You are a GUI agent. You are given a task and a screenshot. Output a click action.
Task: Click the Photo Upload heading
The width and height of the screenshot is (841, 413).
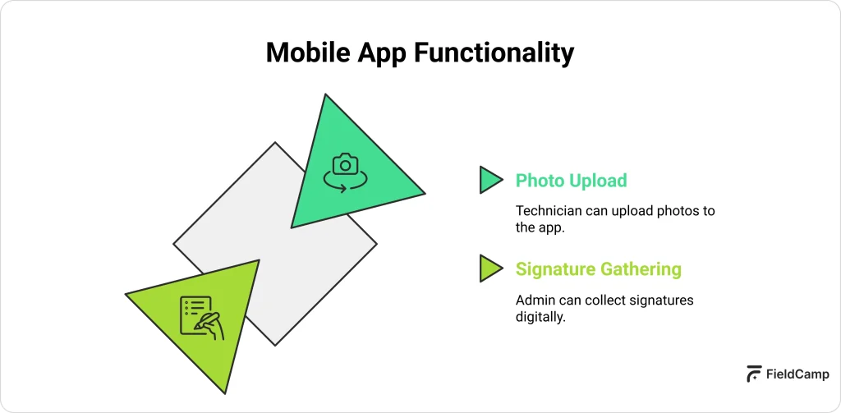coord(571,181)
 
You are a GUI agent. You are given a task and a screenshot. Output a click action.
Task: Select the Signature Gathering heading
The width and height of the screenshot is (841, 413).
coord(598,268)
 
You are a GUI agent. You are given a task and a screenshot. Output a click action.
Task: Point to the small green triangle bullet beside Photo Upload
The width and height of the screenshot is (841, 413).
coord(489,180)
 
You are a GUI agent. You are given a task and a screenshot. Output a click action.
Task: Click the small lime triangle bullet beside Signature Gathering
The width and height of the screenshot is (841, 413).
coord(489,268)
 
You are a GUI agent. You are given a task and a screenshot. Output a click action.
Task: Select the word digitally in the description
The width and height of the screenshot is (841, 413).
coord(540,317)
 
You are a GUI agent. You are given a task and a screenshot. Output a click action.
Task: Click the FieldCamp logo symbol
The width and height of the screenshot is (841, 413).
coord(753,374)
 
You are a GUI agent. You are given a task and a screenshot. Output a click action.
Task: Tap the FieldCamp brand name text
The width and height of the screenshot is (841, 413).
coord(797,374)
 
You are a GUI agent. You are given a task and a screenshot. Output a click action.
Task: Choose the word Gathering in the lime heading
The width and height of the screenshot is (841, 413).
coord(641,268)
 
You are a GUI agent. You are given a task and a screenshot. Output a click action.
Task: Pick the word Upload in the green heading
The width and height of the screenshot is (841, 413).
coord(598,181)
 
